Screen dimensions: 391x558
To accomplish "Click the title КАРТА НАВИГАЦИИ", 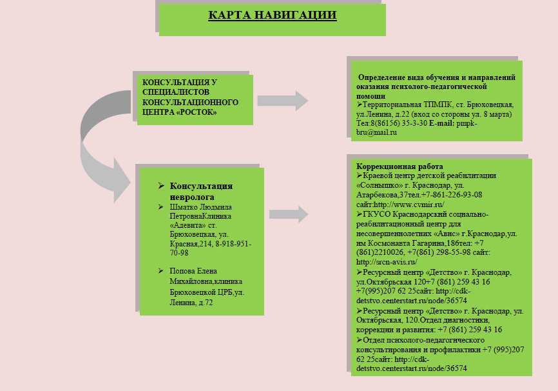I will [272, 15].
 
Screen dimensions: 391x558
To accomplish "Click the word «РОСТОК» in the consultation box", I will [195, 112].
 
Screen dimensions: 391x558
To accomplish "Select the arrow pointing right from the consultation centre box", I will [282, 101].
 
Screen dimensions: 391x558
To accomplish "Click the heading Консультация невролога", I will [200, 191].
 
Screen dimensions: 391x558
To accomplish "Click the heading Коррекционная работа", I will [390, 166].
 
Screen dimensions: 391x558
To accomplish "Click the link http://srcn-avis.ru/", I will [387, 262].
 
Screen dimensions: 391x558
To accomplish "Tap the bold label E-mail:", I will [442, 123].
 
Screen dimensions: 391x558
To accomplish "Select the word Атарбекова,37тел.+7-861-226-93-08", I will [419, 194].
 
